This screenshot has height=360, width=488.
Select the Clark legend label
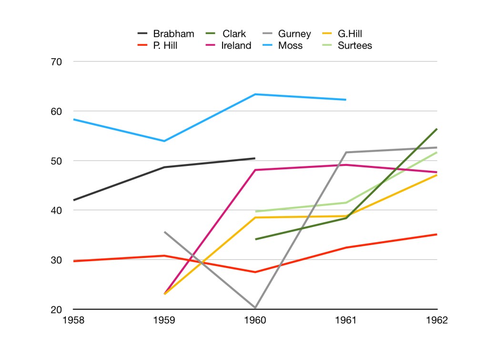[234, 34]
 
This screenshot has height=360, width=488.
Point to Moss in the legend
[290, 46]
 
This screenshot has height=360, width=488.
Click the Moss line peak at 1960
[255, 94]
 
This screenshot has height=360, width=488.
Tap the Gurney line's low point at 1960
[255, 308]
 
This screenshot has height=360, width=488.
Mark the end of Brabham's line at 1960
[255, 158]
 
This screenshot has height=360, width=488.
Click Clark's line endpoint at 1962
[437, 129]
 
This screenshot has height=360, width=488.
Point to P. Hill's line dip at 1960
[255, 272]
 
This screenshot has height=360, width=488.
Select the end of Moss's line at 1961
[346, 100]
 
